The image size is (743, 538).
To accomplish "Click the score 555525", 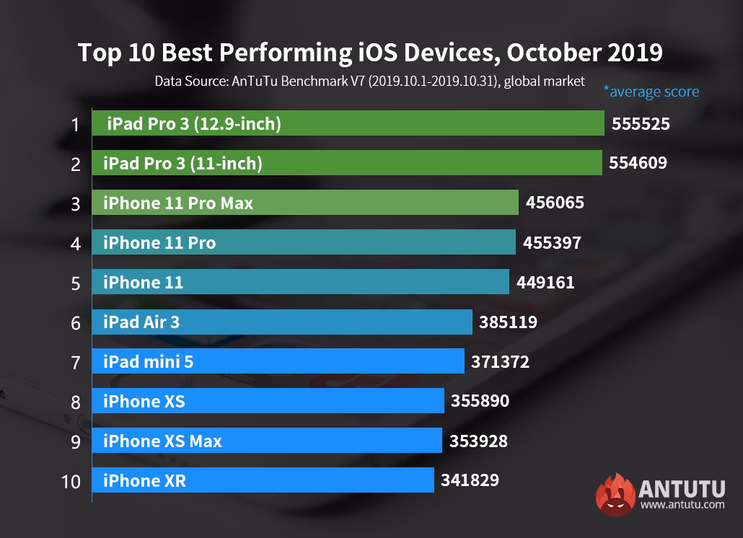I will (641, 124).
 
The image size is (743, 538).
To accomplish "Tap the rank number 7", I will (75, 362).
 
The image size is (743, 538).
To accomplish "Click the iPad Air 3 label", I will (141, 322).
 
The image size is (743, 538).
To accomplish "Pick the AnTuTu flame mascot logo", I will (614, 494).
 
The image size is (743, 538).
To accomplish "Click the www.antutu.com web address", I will (682, 505).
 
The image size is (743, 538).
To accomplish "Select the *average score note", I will (651, 92).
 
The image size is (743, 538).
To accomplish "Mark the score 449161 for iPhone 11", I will (545, 283).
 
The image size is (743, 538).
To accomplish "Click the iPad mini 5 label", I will (148, 362).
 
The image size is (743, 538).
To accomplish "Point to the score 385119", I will (508, 322).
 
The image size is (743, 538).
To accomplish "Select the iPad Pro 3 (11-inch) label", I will (183, 164).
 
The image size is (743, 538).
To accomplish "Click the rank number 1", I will (75, 125).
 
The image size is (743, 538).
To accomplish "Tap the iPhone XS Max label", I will (162, 441).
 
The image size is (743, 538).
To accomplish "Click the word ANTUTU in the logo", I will (682, 488).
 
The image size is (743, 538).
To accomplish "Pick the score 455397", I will (551, 243).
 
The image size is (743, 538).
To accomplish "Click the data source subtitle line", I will (369, 81).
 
